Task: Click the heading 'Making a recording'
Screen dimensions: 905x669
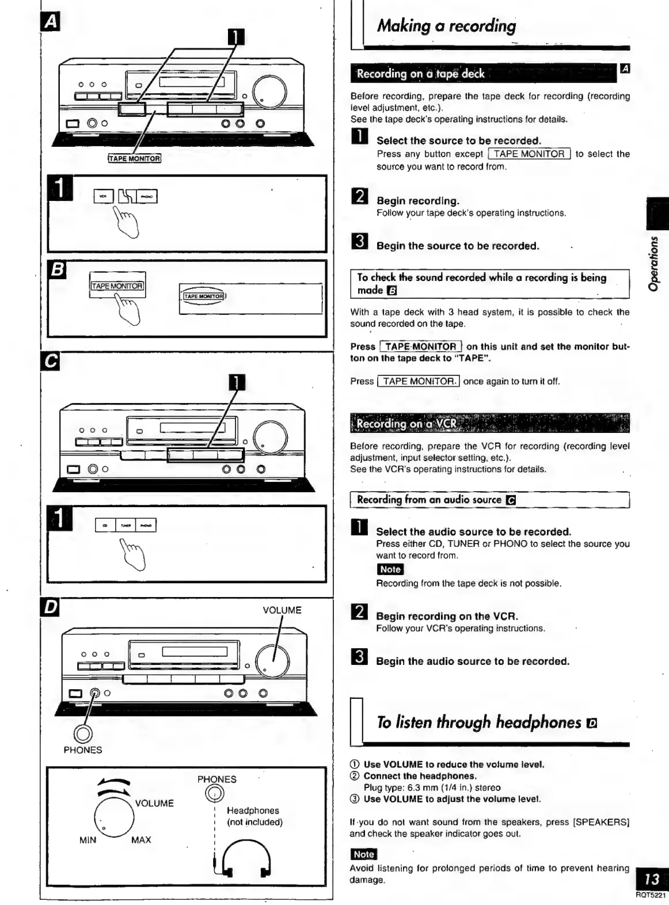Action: click(446, 26)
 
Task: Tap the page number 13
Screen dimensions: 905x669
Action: click(652, 879)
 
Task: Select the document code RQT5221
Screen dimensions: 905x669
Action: click(651, 895)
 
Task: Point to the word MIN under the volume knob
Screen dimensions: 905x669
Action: click(88, 840)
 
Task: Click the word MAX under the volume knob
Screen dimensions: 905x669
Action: click(141, 840)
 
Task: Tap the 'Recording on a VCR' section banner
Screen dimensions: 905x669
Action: click(406, 424)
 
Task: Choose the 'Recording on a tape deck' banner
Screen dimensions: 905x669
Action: click(420, 74)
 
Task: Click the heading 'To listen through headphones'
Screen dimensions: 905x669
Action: click(479, 722)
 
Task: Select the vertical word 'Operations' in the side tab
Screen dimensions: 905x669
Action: click(654, 263)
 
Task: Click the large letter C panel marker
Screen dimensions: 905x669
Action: click(51, 361)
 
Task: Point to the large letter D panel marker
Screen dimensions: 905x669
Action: click(51, 607)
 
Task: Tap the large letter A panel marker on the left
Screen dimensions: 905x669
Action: click(51, 22)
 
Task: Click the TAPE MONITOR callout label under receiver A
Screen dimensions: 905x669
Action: click(135, 158)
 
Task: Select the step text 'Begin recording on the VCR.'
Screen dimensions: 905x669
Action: click(447, 616)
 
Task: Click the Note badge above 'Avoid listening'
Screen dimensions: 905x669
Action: click(363, 854)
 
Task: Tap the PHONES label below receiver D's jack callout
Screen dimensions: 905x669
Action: click(83, 750)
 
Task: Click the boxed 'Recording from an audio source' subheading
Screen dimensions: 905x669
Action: click(429, 500)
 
